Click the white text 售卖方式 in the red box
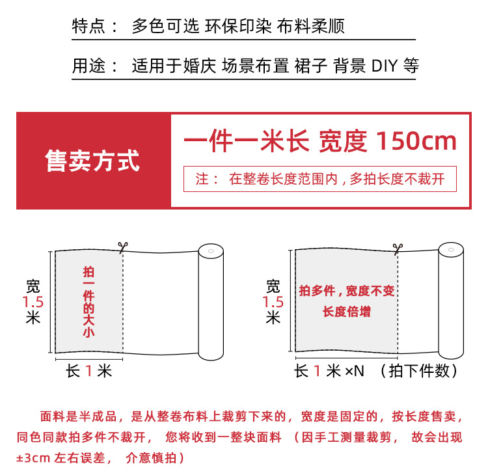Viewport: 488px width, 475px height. pos(92,161)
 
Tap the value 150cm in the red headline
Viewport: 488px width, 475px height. pos(416,141)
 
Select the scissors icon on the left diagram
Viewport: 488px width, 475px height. pos(122,247)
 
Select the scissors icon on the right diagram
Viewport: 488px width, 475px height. pos(398,248)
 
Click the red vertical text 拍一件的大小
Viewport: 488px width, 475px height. pos(88,302)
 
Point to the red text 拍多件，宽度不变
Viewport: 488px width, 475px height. pos(346,291)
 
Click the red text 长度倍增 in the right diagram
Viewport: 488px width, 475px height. pos(346,312)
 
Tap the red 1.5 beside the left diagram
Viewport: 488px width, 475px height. pos(33,302)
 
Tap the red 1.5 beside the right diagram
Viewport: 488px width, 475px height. pos(273,302)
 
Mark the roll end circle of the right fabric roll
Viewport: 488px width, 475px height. pos(450,251)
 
